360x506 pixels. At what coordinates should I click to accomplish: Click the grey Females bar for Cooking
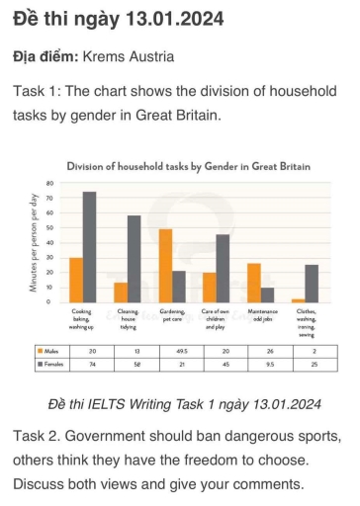(x=89, y=247)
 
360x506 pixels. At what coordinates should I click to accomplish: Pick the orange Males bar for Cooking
(x=76, y=280)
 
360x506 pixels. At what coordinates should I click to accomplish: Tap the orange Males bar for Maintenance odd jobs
(x=253, y=283)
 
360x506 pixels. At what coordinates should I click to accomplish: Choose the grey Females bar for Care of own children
(x=223, y=268)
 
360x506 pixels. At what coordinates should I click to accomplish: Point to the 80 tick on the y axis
(x=48, y=184)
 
